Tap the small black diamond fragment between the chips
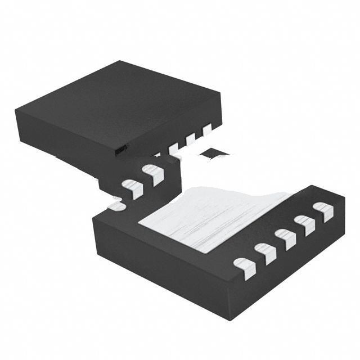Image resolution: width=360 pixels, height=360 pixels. (215, 153)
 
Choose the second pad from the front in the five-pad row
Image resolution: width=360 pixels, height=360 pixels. (265, 253)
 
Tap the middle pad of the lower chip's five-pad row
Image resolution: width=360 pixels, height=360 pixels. (285, 238)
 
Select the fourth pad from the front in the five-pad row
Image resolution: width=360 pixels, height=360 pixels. (305, 224)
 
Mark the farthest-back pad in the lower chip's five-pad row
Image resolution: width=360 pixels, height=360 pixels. (323, 211)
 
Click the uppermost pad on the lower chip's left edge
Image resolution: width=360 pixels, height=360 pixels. (152, 173)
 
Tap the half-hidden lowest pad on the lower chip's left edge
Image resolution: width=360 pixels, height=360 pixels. (116, 206)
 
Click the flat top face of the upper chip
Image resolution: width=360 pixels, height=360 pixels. (118, 104)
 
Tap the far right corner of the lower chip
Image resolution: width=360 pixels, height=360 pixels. (344, 197)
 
